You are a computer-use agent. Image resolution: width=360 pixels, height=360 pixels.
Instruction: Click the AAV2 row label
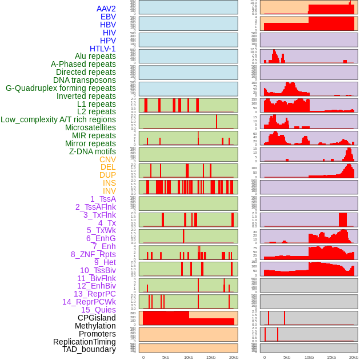tap(106, 9)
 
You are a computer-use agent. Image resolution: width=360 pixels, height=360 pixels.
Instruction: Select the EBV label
tap(108, 17)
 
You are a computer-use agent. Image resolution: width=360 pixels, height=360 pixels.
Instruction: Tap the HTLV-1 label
tap(103, 49)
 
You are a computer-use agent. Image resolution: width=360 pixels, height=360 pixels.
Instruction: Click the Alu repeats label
tap(95, 56)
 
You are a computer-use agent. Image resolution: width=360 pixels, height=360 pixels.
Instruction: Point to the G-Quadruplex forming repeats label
tap(61, 88)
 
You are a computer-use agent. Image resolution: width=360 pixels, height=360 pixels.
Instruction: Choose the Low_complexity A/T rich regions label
tap(58, 119)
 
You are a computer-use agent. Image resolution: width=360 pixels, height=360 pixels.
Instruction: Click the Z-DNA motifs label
tap(93, 151)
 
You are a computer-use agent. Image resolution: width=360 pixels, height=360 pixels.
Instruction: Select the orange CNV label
tap(107, 159)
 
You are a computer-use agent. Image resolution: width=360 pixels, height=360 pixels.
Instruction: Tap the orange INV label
tap(109, 191)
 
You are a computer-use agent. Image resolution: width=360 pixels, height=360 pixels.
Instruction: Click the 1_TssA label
tap(103, 199)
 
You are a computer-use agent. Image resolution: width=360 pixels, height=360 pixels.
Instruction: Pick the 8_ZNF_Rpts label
tap(93, 254)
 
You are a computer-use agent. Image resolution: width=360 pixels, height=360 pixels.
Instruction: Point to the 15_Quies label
tap(98, 310)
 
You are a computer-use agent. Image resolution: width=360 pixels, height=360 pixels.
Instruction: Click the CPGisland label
tap(97, 318)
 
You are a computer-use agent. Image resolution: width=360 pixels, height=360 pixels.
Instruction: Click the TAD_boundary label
tap(89, 349)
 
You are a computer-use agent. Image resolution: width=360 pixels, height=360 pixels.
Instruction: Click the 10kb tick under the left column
tap(189, 357)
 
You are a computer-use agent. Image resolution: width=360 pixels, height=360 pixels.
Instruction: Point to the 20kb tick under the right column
tap(354, 357)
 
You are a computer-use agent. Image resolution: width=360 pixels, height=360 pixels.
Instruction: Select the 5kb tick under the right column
tap(286, 357)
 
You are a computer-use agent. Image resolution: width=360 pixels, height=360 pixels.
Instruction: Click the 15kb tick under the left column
tap(210, 357)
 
